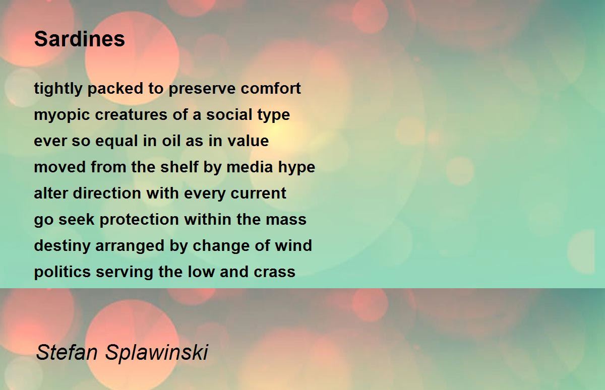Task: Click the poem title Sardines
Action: (x=80, y=39)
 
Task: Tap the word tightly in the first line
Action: (x=58, y=89)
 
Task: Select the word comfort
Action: (x=271, y=88)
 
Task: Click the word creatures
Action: (x=131, y=114)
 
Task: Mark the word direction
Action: (x=107, y=193)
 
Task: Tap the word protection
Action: (x=139, y=220)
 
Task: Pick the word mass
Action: (x=286, y=220)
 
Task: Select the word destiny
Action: (x=62, y=246)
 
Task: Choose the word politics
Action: (x=62, y=272)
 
